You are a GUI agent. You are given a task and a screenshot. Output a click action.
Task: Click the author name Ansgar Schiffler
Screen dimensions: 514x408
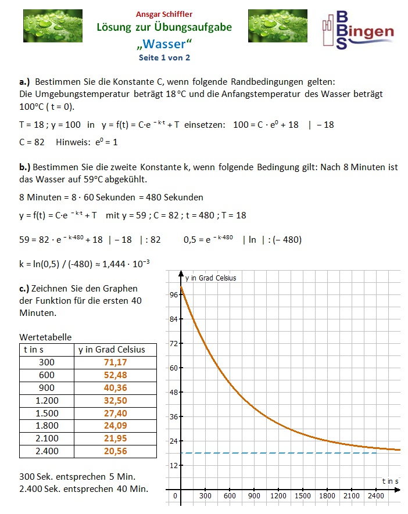click(x=164, y=14)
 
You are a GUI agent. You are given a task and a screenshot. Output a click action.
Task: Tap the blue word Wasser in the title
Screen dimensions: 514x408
click(x=164, y=44)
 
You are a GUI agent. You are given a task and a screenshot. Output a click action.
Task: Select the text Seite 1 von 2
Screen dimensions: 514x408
click(x=164, y=57)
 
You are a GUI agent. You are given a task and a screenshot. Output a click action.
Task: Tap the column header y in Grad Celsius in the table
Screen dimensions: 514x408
click(x=112, y=350)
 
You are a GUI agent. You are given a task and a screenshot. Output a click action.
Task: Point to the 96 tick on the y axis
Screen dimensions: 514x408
click(x=173, y=294)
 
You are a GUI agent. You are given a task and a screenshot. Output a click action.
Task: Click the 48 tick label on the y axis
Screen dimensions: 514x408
click(x=173, y=392)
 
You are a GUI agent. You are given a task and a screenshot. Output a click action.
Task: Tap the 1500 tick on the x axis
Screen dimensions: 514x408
click(x=303, y=496)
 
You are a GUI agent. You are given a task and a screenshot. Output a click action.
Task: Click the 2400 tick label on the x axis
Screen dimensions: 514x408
click(x=376, y=496)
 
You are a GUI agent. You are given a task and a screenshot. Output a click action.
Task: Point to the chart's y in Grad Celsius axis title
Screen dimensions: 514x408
click(x=210, y=278)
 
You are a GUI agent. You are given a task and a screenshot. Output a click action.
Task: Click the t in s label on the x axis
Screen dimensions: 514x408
click(x=390, y=481)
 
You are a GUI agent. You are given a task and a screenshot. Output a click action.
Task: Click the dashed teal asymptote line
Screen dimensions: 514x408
click(x=279, y=452)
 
